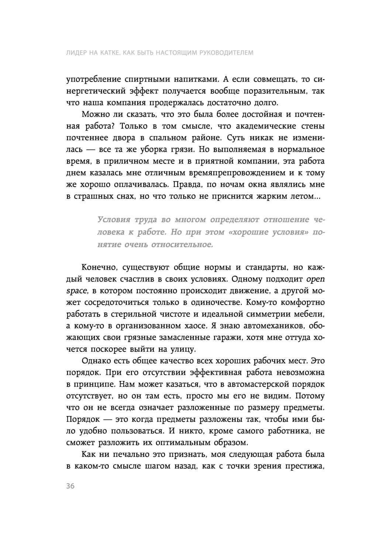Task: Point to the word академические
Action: coord(252,126)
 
